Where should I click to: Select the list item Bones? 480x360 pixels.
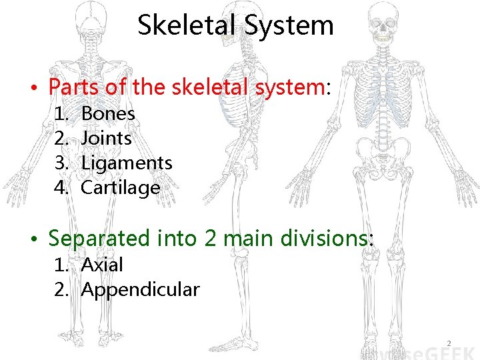coord(107,114)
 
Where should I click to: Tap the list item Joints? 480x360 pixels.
coord(106,138)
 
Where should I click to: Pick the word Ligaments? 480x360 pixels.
coord(126,163)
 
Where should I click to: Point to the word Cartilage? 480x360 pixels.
coord(120,187)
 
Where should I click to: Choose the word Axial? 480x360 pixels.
coord(102,265)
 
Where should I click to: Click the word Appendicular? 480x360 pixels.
coord(140,289)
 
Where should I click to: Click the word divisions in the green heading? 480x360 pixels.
coord(324,238)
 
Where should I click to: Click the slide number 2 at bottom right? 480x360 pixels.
coord(449,343)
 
